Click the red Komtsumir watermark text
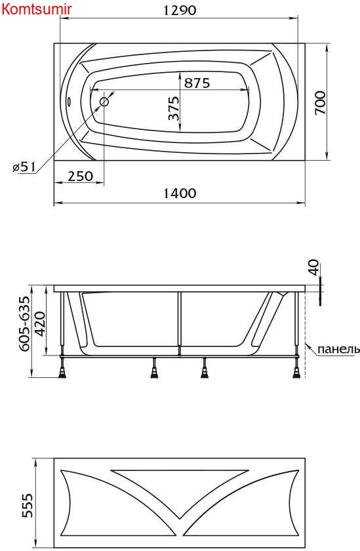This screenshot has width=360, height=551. [37, 9]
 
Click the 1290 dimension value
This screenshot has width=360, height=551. [180, 10]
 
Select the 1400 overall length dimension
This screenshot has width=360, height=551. [180, 194]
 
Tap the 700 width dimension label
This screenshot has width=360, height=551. [320, 102]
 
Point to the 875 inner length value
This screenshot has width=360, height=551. [197, 83]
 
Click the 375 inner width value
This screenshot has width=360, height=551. [174, 108]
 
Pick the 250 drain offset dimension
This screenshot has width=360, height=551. [81, 176]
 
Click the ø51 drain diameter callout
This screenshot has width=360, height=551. [24, 167]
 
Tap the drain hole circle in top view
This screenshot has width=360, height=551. [104, 102]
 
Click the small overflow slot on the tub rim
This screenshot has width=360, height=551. [69, 102]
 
